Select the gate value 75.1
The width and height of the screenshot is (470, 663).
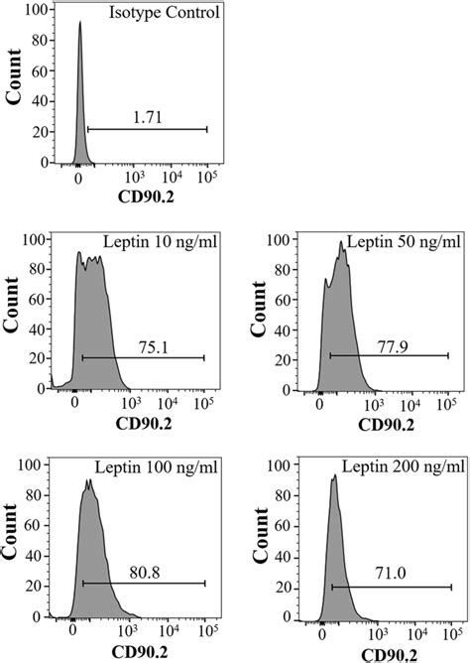click(x=147, y=346)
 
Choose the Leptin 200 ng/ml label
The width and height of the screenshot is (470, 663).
click(x=404, y=466)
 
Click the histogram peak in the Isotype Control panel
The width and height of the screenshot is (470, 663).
click(x=79, y=24)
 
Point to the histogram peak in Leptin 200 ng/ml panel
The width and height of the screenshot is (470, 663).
click(x=334, y=476)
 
